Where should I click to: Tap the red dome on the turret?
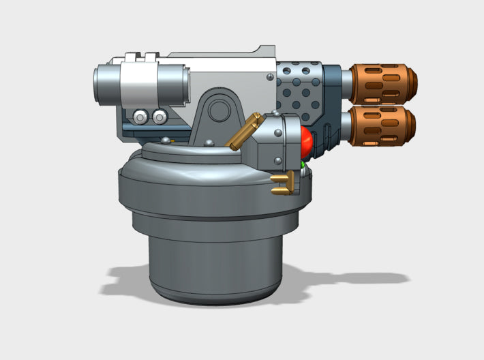tap(305, 142)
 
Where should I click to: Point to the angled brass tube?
tap(244, 131)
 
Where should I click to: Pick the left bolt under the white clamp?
tap(140, 117)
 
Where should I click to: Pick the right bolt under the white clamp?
tap(159, 117)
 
